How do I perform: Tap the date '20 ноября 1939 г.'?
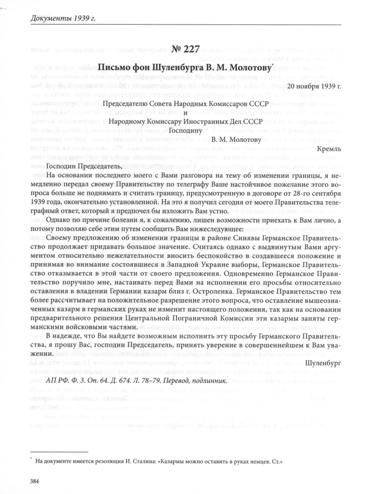coord(314,86)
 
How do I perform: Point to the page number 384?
coord(34,481)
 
